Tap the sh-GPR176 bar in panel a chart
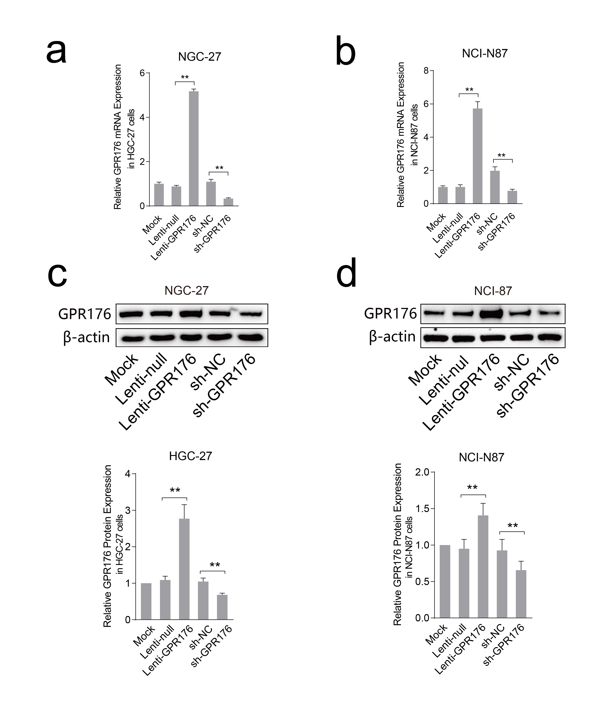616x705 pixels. click(228, 202)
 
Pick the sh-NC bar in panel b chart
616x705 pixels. click(495, 187)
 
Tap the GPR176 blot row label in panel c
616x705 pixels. click(85, 314)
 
